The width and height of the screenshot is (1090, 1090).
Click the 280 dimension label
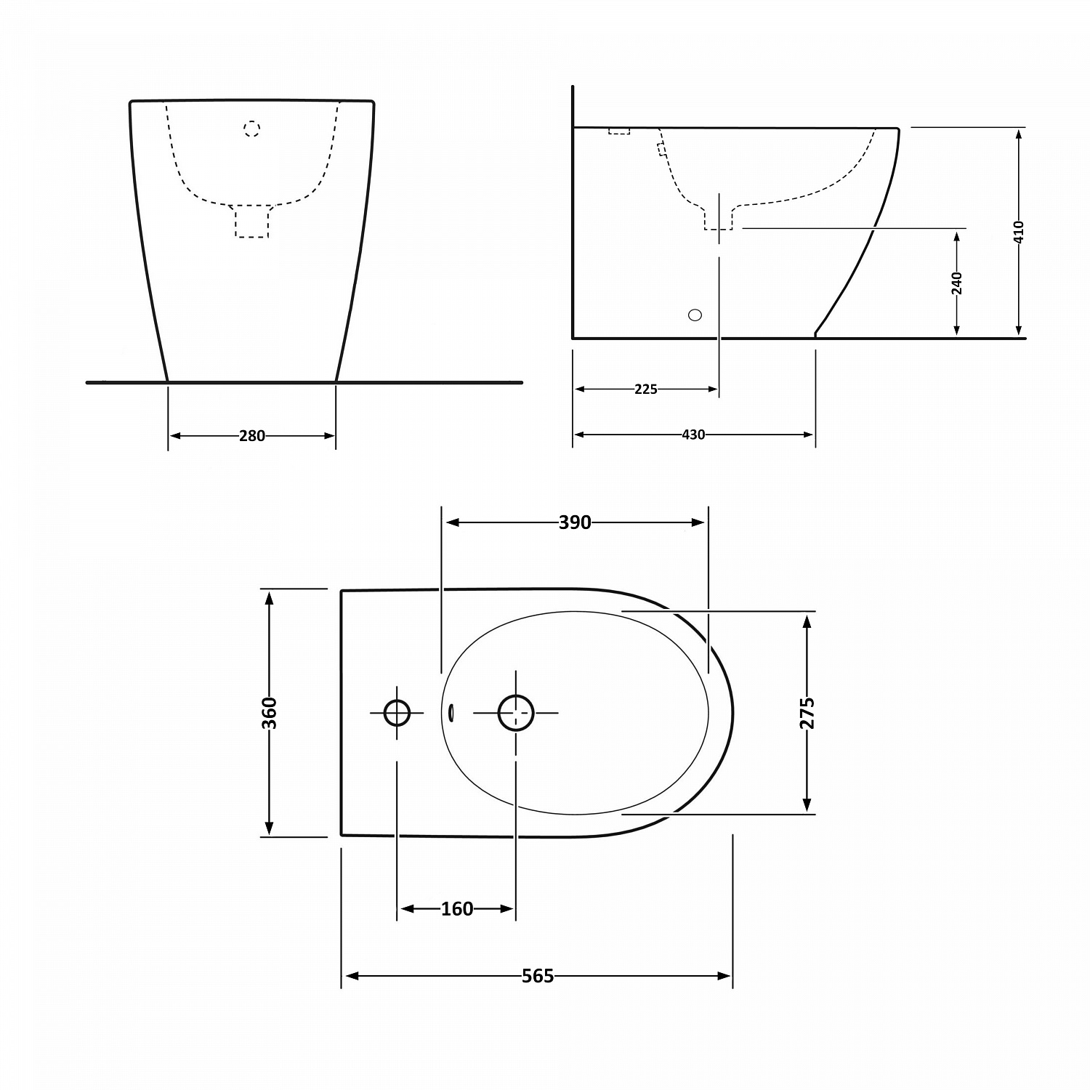coord(252,436)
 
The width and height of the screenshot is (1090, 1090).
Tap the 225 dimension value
coord(645,389)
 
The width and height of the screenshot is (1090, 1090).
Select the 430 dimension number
coord(693,435)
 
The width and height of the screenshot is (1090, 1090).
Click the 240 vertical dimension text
coord(956,283)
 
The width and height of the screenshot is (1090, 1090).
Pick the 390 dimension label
coord(575,522)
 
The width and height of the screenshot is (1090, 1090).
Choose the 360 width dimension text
coord(269,713)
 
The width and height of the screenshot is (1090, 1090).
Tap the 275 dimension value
coord(807,713)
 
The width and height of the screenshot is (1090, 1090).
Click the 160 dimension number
coord(457,909)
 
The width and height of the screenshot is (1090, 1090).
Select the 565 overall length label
coord(538,976)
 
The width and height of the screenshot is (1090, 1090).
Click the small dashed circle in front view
coord(251,129)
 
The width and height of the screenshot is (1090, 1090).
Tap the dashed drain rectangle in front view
coord(252,222)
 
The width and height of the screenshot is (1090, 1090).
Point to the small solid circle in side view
coord(695,315)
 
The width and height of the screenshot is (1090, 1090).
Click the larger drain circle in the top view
coord(516,713)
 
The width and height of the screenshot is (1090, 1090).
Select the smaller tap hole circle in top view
coord(397,713)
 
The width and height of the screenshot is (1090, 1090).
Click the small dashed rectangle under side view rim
coord(619,131)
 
